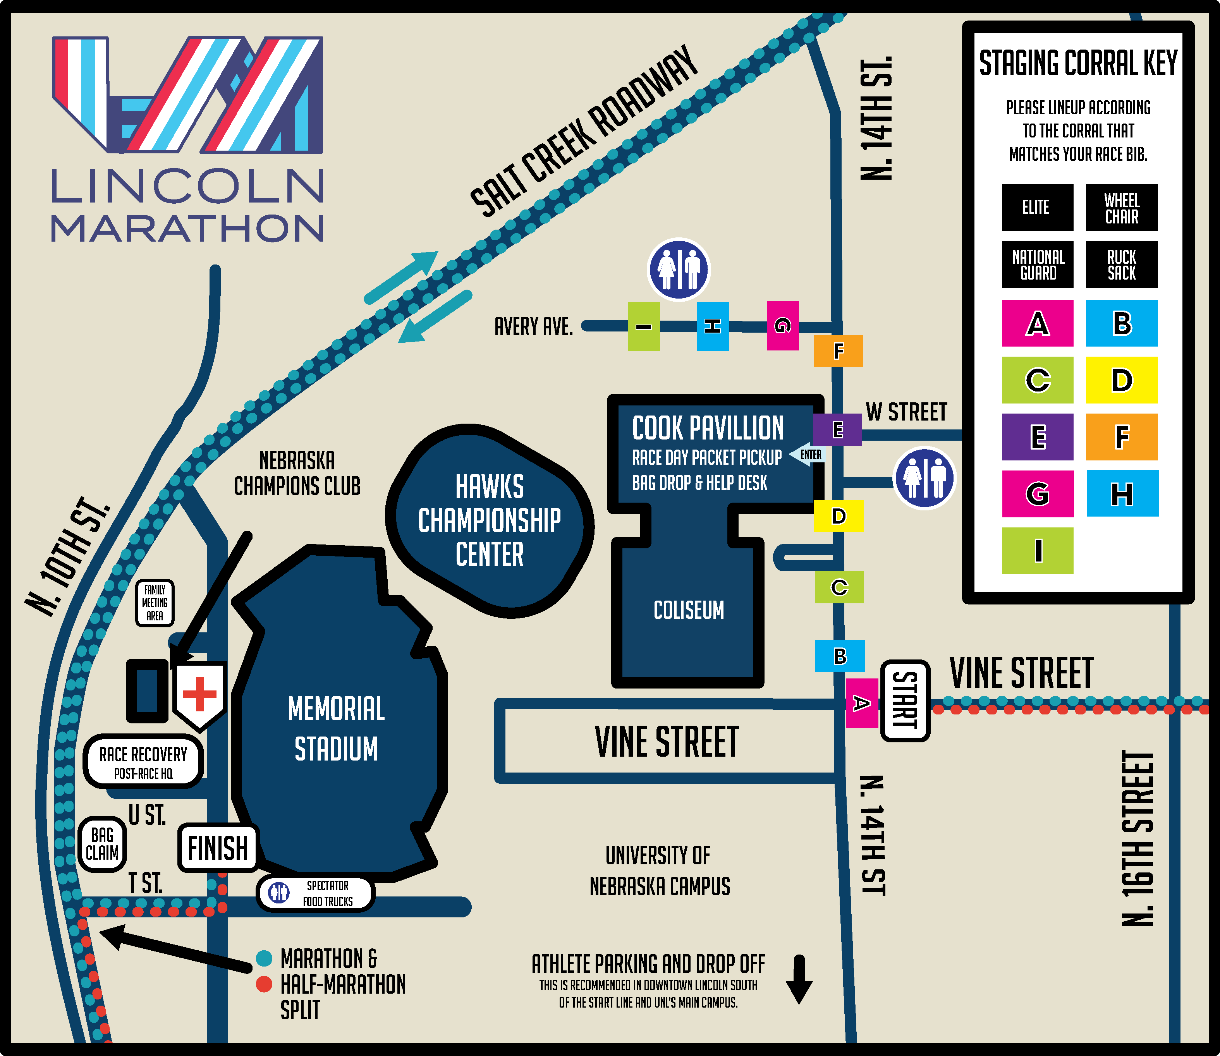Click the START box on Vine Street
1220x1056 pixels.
tap(905, 700)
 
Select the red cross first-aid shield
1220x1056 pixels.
tap(200, 694)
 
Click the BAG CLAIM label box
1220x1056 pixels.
tap(102, 844)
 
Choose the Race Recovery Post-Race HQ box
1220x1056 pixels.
tap(143, 761)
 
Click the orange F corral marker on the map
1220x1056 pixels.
tap(838, 350)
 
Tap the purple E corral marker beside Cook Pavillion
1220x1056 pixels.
tap(837, 429)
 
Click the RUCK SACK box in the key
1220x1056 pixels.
tap(1122, 264)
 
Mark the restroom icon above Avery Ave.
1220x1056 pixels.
tap(679, 269)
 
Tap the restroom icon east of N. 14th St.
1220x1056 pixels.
tap(924, 478)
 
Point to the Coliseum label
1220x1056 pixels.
tap(688, 610)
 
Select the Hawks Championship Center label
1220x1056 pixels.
tap(489, 520)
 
